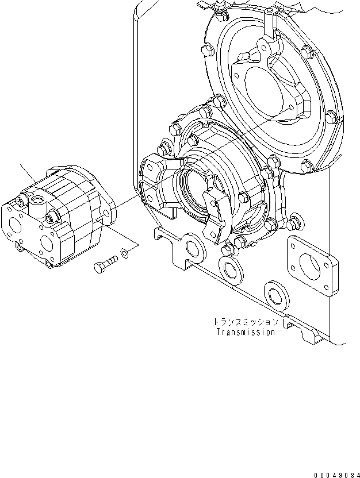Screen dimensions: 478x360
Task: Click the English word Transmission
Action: pos(246,332)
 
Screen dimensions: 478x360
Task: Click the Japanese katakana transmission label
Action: pos(246,322)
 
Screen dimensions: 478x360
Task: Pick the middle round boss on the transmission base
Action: pos(231,271)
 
